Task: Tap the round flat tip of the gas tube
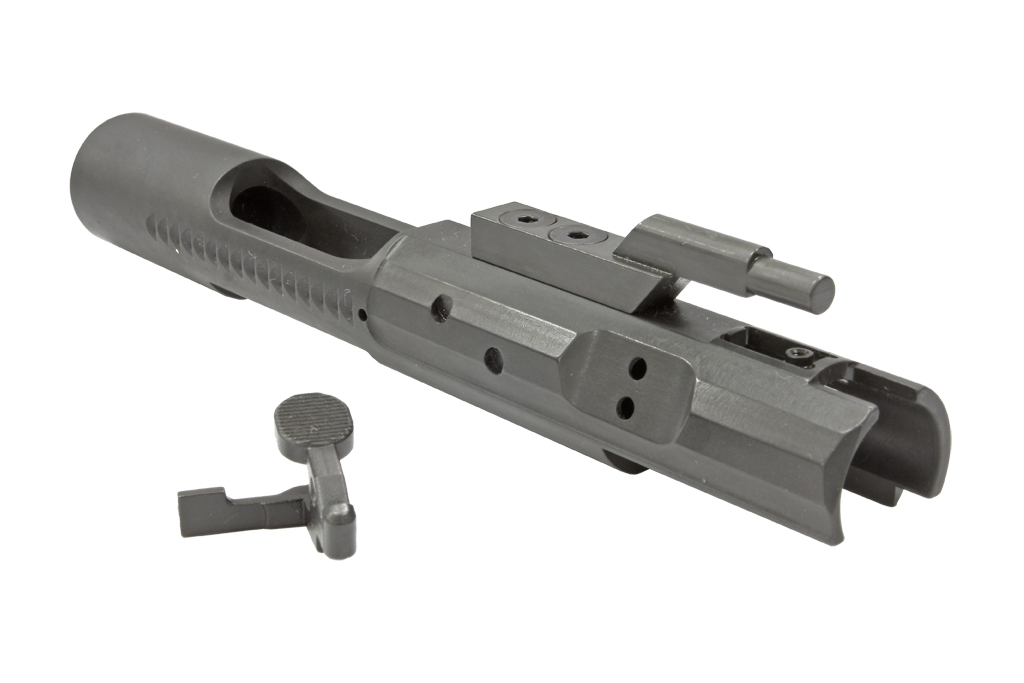[817, 291]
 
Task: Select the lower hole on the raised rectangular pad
[626, 406]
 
